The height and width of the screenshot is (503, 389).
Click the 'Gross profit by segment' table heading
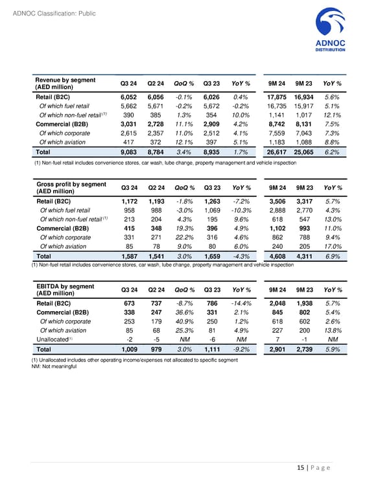pos(71,188)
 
